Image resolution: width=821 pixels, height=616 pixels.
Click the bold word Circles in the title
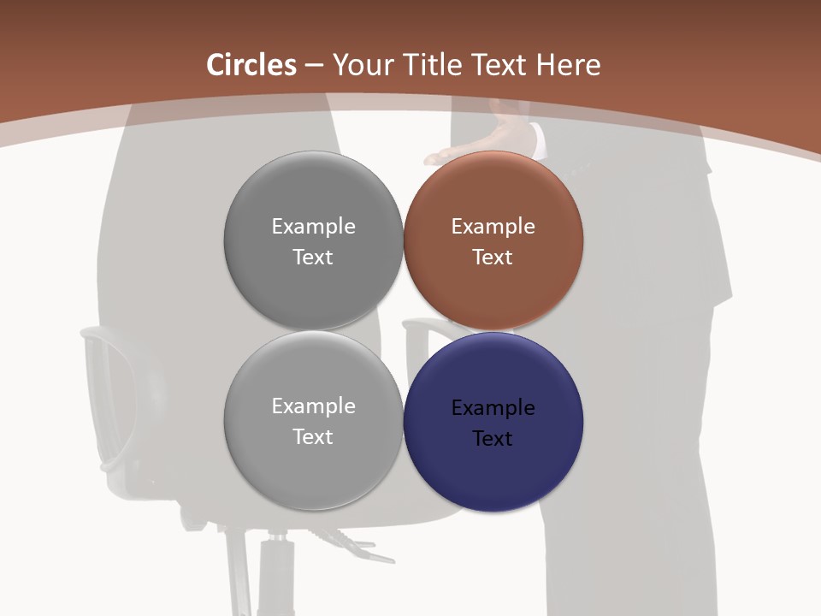point(251,65)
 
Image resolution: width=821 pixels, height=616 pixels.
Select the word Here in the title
point(568,65)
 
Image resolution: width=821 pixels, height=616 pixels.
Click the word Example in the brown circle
point(493,227)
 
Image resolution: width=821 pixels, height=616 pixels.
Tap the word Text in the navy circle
point(493,439)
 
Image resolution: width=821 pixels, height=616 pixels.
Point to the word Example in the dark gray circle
point(313,227)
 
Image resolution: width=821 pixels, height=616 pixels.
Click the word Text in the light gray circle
point(313,437)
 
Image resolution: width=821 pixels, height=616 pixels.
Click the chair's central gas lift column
point(275,573)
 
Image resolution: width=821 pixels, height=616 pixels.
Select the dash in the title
point(314,66)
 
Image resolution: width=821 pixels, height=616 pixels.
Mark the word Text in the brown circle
point(493,258)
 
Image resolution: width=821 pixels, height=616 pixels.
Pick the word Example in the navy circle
point(493,408)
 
